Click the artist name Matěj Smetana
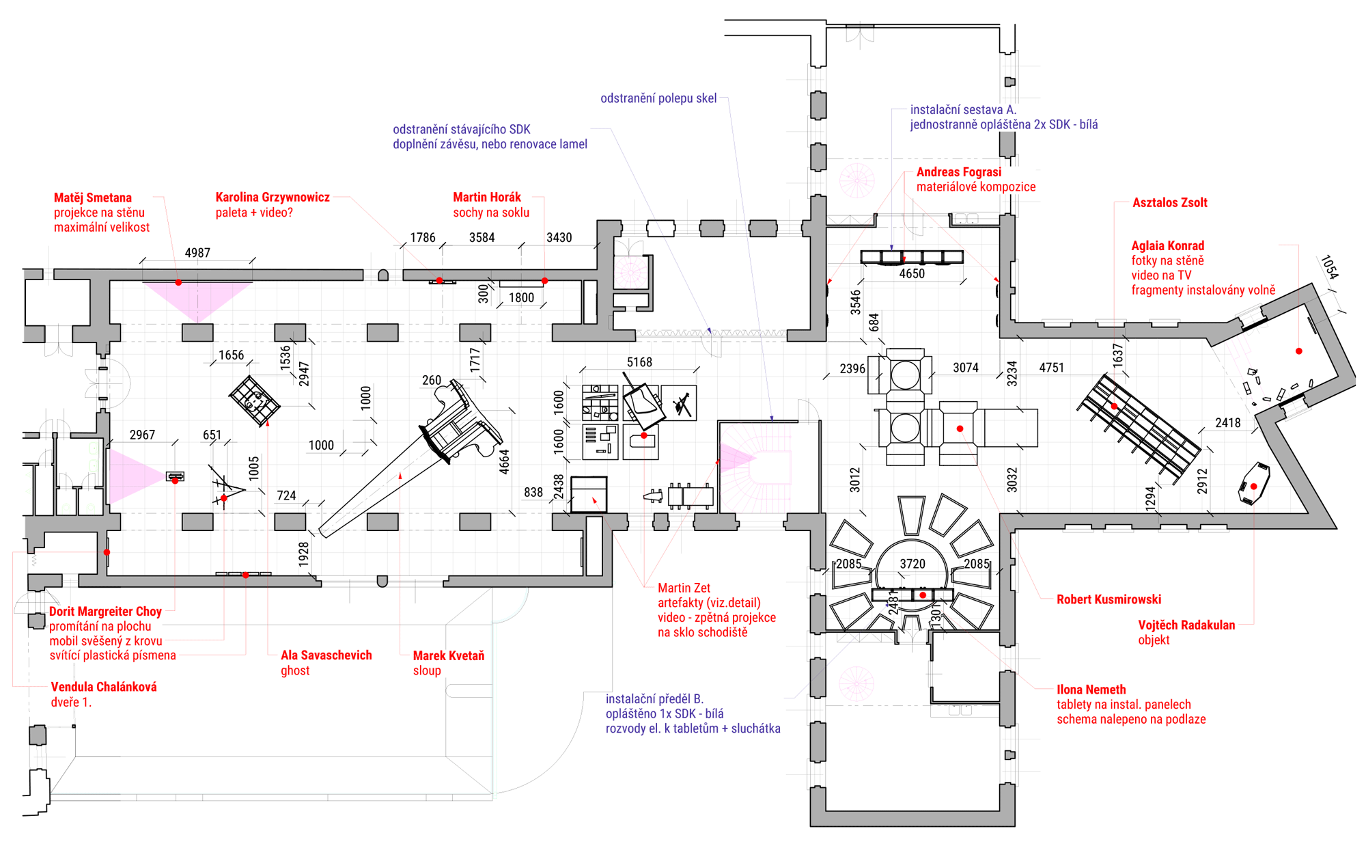(x=93, y=198)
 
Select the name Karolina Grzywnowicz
(x=273, y=198)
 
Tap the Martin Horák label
(x=487, y=197)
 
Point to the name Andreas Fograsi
(x=959, y=172)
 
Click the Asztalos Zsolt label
(x=1170, y=202)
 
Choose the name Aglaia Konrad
(x=1168, y=245)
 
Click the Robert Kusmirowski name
(x=1109, y=599)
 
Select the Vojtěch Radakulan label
(x=1186, y=625)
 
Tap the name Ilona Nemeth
(x=1091, y=690)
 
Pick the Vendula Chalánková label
(x=104, y=687)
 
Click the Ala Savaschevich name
(x=326, y=655)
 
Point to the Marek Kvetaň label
(x=449, y=655)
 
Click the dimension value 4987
(x=197, y=253)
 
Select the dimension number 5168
(x=639, y=362)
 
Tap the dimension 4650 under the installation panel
(x=912, y=273)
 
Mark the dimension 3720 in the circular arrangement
(x=912, y=564)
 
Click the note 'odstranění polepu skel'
(x=658, y=98)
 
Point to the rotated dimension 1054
(x=1329, y=267)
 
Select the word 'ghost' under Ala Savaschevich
(x=295, y=670)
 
